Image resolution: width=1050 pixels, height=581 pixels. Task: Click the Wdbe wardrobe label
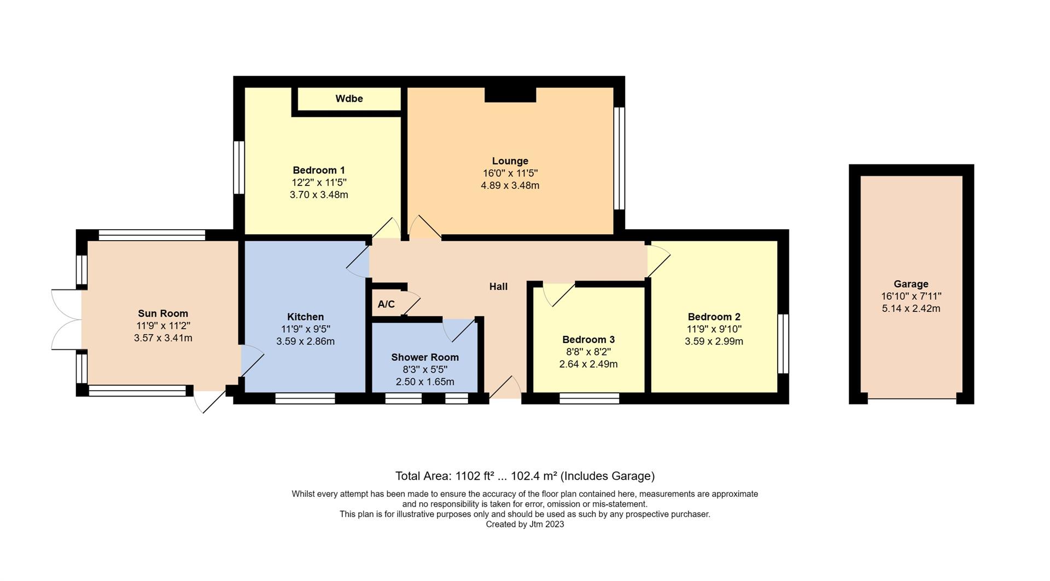[349, 99]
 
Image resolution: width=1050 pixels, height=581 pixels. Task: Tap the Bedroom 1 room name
[319, 170]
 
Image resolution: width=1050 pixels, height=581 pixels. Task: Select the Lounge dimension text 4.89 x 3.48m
[510, 185]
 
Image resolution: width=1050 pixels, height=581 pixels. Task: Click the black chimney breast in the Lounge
[510, 95]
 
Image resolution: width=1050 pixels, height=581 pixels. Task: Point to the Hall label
[498, 287]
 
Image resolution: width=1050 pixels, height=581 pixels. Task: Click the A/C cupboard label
[386, 304]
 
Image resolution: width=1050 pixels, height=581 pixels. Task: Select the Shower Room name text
[425, 357]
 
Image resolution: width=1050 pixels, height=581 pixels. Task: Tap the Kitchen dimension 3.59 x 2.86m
[305, 341]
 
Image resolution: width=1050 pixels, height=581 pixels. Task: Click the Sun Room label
[163, 313]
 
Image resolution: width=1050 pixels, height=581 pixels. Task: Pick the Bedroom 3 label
[588, 340]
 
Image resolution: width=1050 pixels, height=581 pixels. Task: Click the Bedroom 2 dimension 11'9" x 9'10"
[714, 329]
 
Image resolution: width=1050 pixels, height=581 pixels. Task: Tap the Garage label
[911, 284]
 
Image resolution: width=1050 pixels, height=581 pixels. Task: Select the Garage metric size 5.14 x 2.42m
[911, 309]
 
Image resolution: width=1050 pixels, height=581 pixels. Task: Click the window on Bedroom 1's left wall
[239, 167]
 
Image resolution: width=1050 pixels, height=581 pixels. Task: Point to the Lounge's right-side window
[619, 158]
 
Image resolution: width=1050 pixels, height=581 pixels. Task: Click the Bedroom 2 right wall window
[783, 344]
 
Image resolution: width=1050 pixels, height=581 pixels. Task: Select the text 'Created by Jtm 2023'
[524, 524]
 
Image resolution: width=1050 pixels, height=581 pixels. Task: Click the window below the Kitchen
[305, 398]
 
